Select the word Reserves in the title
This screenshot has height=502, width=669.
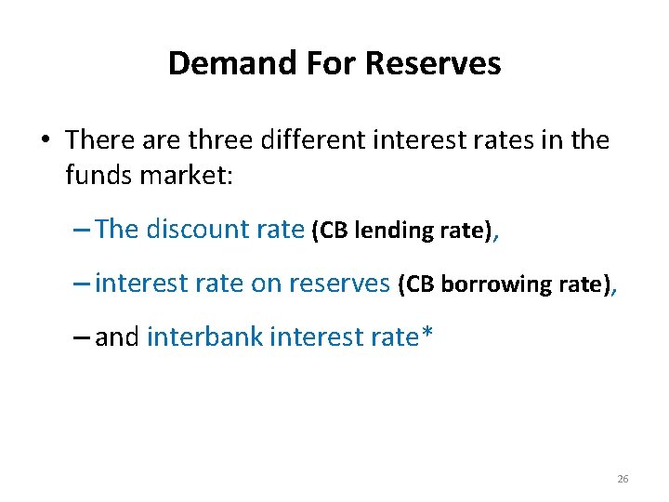coord(433,63)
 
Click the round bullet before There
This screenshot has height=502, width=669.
coord(44,141)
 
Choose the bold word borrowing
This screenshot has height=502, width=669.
coord(490,284)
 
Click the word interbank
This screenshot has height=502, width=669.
coord(204,337)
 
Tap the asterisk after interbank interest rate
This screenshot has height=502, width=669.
coord(426,333)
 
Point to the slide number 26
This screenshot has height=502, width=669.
coord(623,479)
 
